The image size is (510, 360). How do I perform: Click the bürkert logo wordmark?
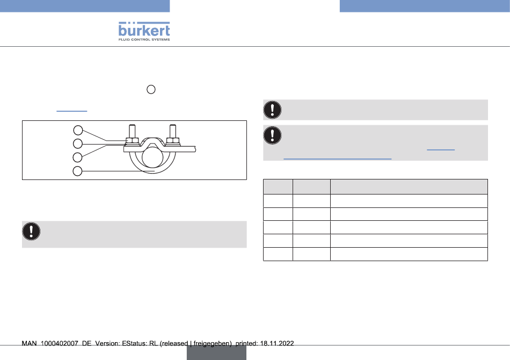tap(144, 30)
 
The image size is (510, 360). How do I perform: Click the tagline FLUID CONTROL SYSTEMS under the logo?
tap(144, 39)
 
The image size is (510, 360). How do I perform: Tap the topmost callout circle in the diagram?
tap(78, 130)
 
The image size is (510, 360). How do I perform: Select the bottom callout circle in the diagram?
tap(77, 171)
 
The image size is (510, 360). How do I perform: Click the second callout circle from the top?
tap(78, 143)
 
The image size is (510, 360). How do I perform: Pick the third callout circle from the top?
tap(77, 157)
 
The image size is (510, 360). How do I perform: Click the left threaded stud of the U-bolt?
tap(132, 131)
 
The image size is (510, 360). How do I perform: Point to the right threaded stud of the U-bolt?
tap(173, 131)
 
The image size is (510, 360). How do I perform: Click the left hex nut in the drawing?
tap(132, 141)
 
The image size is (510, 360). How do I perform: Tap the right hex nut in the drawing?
tap(173, 141)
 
